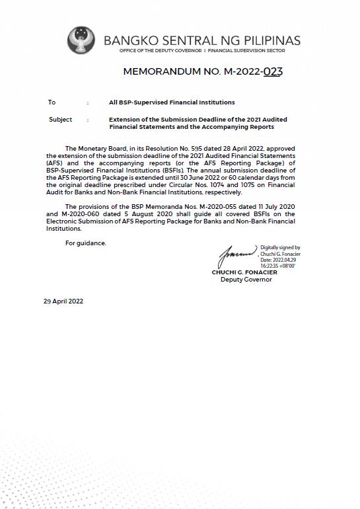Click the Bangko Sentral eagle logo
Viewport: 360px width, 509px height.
(81, 41)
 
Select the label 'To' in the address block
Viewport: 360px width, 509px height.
(52, 102)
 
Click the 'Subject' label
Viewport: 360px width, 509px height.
(60, 120)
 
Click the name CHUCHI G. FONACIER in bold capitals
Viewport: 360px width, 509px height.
(244, 273)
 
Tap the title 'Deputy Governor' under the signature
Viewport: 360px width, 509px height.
(246, 280)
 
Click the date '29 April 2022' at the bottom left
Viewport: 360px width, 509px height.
(63, 301)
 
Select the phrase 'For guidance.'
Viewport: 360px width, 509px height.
(85, 243)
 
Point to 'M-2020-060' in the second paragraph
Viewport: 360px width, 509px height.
(75, 215)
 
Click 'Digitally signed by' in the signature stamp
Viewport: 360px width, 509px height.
(280, 247)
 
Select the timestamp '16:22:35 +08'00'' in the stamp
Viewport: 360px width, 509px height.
(277, 266)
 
